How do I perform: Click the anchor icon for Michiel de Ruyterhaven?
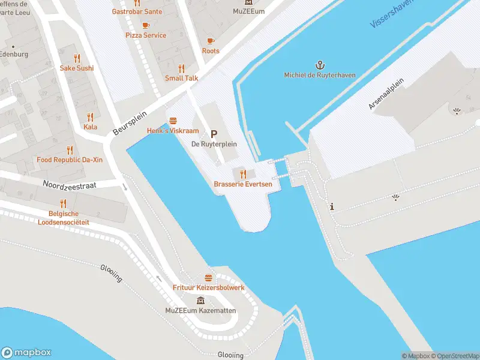point(320,64)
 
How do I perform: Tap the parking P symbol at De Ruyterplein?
point(214,134)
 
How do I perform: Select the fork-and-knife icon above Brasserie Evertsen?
point(243,174)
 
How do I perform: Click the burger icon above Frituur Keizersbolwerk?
point(208,278)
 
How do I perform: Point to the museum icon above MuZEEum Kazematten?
point(200,300)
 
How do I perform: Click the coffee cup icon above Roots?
point(210,41)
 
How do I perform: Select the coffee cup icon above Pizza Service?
point(146,25)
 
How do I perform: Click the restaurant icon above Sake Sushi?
point(77,58)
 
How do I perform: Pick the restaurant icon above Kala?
point(91,116)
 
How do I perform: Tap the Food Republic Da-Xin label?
point(70,160)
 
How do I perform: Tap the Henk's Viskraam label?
point(173,131)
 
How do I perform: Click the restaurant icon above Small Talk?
point(181,68)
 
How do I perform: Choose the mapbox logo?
point(26,353)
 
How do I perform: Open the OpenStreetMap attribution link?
point(454,356)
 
